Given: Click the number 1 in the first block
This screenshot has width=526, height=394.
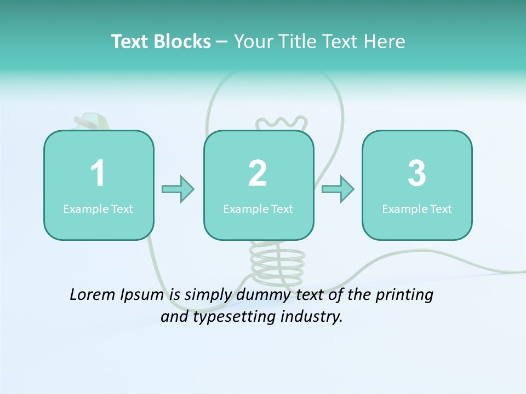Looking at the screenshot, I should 98,173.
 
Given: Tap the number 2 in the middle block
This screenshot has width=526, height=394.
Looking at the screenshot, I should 258,173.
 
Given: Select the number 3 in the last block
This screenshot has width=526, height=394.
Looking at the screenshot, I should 417,173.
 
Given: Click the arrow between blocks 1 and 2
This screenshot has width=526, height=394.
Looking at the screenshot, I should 178,189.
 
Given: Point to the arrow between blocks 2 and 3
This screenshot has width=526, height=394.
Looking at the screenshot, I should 338,189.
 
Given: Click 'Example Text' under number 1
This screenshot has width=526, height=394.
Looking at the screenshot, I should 98,209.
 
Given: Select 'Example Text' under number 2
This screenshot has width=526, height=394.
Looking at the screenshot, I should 258,209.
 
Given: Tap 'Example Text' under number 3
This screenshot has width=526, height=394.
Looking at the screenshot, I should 417,209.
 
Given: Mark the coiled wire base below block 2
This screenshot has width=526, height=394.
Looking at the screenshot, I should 277,259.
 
